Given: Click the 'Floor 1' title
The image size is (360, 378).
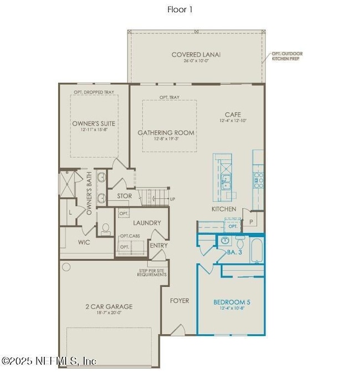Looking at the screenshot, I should click(x=179, y=9).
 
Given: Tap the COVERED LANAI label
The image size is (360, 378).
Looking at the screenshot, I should click(x=196, y=54).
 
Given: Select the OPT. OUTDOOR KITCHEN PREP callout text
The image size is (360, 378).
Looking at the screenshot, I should click(x=287, y=56).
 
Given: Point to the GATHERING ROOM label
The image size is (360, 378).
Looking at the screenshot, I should click(x=166, y=133).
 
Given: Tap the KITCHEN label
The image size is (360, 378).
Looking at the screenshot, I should click(x=224, y=209).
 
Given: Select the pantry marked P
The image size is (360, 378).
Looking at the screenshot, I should click(x=250, y=221).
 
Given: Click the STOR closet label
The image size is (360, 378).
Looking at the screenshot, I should click(x=124, y=196).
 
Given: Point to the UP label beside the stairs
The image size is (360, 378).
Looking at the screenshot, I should click(x=172, y=199).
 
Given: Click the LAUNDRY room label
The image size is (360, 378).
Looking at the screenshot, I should click(x=147, y=222).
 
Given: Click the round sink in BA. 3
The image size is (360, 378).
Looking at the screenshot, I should click(x=225, y=241).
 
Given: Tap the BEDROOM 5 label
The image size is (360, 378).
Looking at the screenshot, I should click(x=232, y=302).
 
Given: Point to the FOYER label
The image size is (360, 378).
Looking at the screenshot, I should click(x=179, y=301).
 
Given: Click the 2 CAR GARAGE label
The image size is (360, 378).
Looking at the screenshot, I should click(x=109, y=306).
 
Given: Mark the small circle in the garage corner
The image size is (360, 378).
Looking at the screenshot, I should click(x=66, y=267).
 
